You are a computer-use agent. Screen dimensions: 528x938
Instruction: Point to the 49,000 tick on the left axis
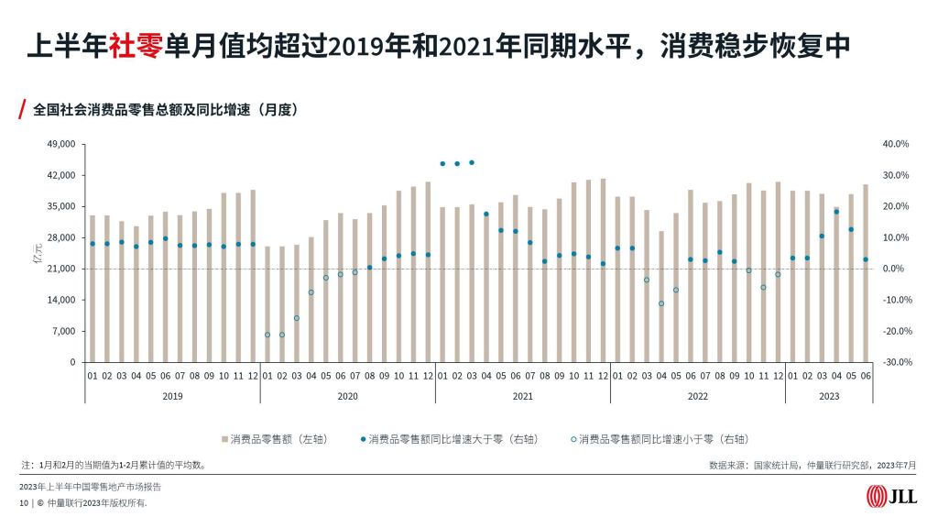(x=60, y=144)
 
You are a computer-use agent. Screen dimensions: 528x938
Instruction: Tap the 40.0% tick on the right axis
(x=895, y=144)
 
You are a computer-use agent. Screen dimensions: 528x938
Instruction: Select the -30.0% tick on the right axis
(x=894, y=362)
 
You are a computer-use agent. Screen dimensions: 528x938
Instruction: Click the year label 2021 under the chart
(x=522, y=396)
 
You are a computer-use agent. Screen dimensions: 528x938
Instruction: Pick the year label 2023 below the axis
(x=828, y=396)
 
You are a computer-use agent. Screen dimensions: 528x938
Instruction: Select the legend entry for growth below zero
(x=651, y=440)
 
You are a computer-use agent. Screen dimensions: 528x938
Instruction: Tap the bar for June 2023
(x=866, y=273)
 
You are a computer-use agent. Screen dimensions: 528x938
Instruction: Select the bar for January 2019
(x=93, y=288)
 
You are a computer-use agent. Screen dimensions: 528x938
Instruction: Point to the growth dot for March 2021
(x=472, y=162)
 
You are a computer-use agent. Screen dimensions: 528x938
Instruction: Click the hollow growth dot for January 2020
(x=267, y=335)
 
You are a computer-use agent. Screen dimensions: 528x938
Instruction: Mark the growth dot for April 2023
(x=836, y=212)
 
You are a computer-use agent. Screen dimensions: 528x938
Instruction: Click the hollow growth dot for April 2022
(x=661, y=303)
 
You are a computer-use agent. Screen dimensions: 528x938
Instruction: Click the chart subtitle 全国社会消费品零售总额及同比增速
(x=165, y=109)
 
